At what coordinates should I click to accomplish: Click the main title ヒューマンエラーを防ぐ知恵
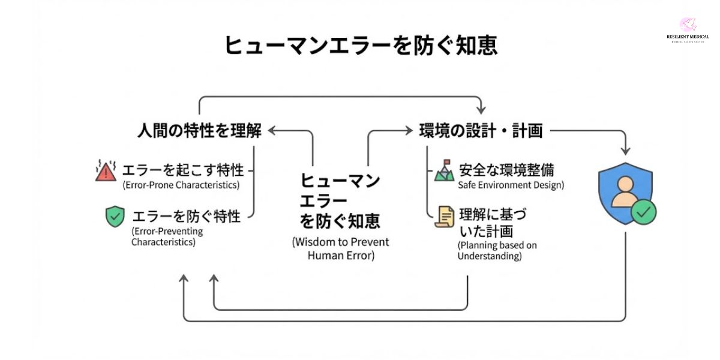[x=361, y=45]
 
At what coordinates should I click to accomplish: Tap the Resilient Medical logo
[x=688, y=30]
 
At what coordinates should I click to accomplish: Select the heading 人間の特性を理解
[x=200, y=130]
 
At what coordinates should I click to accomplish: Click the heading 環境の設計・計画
[x=481, y=130]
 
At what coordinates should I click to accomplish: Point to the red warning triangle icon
[x=106, y=171]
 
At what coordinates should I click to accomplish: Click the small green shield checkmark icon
[x=115, y=217]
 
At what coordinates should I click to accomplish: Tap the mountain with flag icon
[x=444, y=170]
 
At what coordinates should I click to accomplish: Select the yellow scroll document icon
[x=445, y=217]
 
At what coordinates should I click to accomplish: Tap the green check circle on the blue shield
[x=644, y=212]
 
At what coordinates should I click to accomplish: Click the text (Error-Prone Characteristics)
[x=181, y=185]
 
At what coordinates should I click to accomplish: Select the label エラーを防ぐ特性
[x=187, y=216]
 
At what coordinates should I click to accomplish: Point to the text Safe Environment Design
[x=511, y=185]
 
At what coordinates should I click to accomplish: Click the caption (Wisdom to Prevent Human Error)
[x=341, y=248]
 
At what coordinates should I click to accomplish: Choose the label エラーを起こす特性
[x=183, y=170]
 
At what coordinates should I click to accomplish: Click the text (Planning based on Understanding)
[x=497, y=251]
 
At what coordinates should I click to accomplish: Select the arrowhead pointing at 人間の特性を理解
[x=272, y=130]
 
